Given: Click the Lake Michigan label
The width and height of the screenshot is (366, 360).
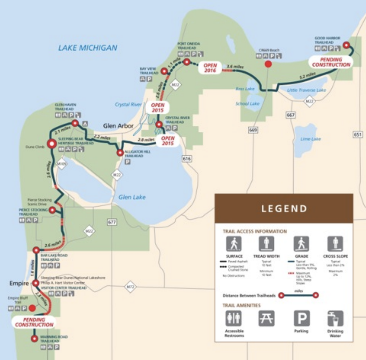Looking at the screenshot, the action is (x=87, y=48).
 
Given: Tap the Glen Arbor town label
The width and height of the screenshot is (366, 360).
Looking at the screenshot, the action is (x=118, y=126).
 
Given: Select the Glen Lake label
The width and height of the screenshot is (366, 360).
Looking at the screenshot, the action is (x=132, y=197).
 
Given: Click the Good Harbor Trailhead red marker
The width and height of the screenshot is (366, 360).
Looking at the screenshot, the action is (x=346, y=45).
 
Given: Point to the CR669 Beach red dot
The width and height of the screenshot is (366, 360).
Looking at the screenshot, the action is (x=268, y=64).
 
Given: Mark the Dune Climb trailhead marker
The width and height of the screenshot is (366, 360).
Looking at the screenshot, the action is (x=52, y=144).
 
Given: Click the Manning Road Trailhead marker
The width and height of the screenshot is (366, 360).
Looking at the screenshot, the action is (x=34, y=339).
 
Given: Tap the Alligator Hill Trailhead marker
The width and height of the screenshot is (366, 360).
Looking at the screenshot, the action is (x=120, y=153).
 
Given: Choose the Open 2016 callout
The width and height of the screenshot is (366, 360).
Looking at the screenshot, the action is (x=210, y=68).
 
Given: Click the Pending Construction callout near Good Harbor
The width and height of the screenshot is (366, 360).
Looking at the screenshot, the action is (x=331, y=62).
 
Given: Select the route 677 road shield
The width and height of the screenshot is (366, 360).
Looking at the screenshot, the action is (x=112, y=222).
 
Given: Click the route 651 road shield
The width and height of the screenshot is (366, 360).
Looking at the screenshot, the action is (x=358, y=134).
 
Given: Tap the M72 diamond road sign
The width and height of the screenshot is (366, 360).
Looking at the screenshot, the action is (x=130, y=287).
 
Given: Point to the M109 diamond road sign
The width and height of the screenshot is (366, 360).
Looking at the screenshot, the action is (x=61, y=164).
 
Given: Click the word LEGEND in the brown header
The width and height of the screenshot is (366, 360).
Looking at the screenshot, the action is (x=284, y=209).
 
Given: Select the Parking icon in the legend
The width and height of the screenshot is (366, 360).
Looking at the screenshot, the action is (x=302, y=318).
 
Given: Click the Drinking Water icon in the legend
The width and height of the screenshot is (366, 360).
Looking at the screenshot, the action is (x=335, y=318).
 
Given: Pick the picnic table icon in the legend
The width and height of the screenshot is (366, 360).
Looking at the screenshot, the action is (x=266, y=318).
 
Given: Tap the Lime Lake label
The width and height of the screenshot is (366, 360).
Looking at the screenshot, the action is (x=311, y=139).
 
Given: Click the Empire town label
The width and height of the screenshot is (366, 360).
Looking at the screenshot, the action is (x=19, y=283).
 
